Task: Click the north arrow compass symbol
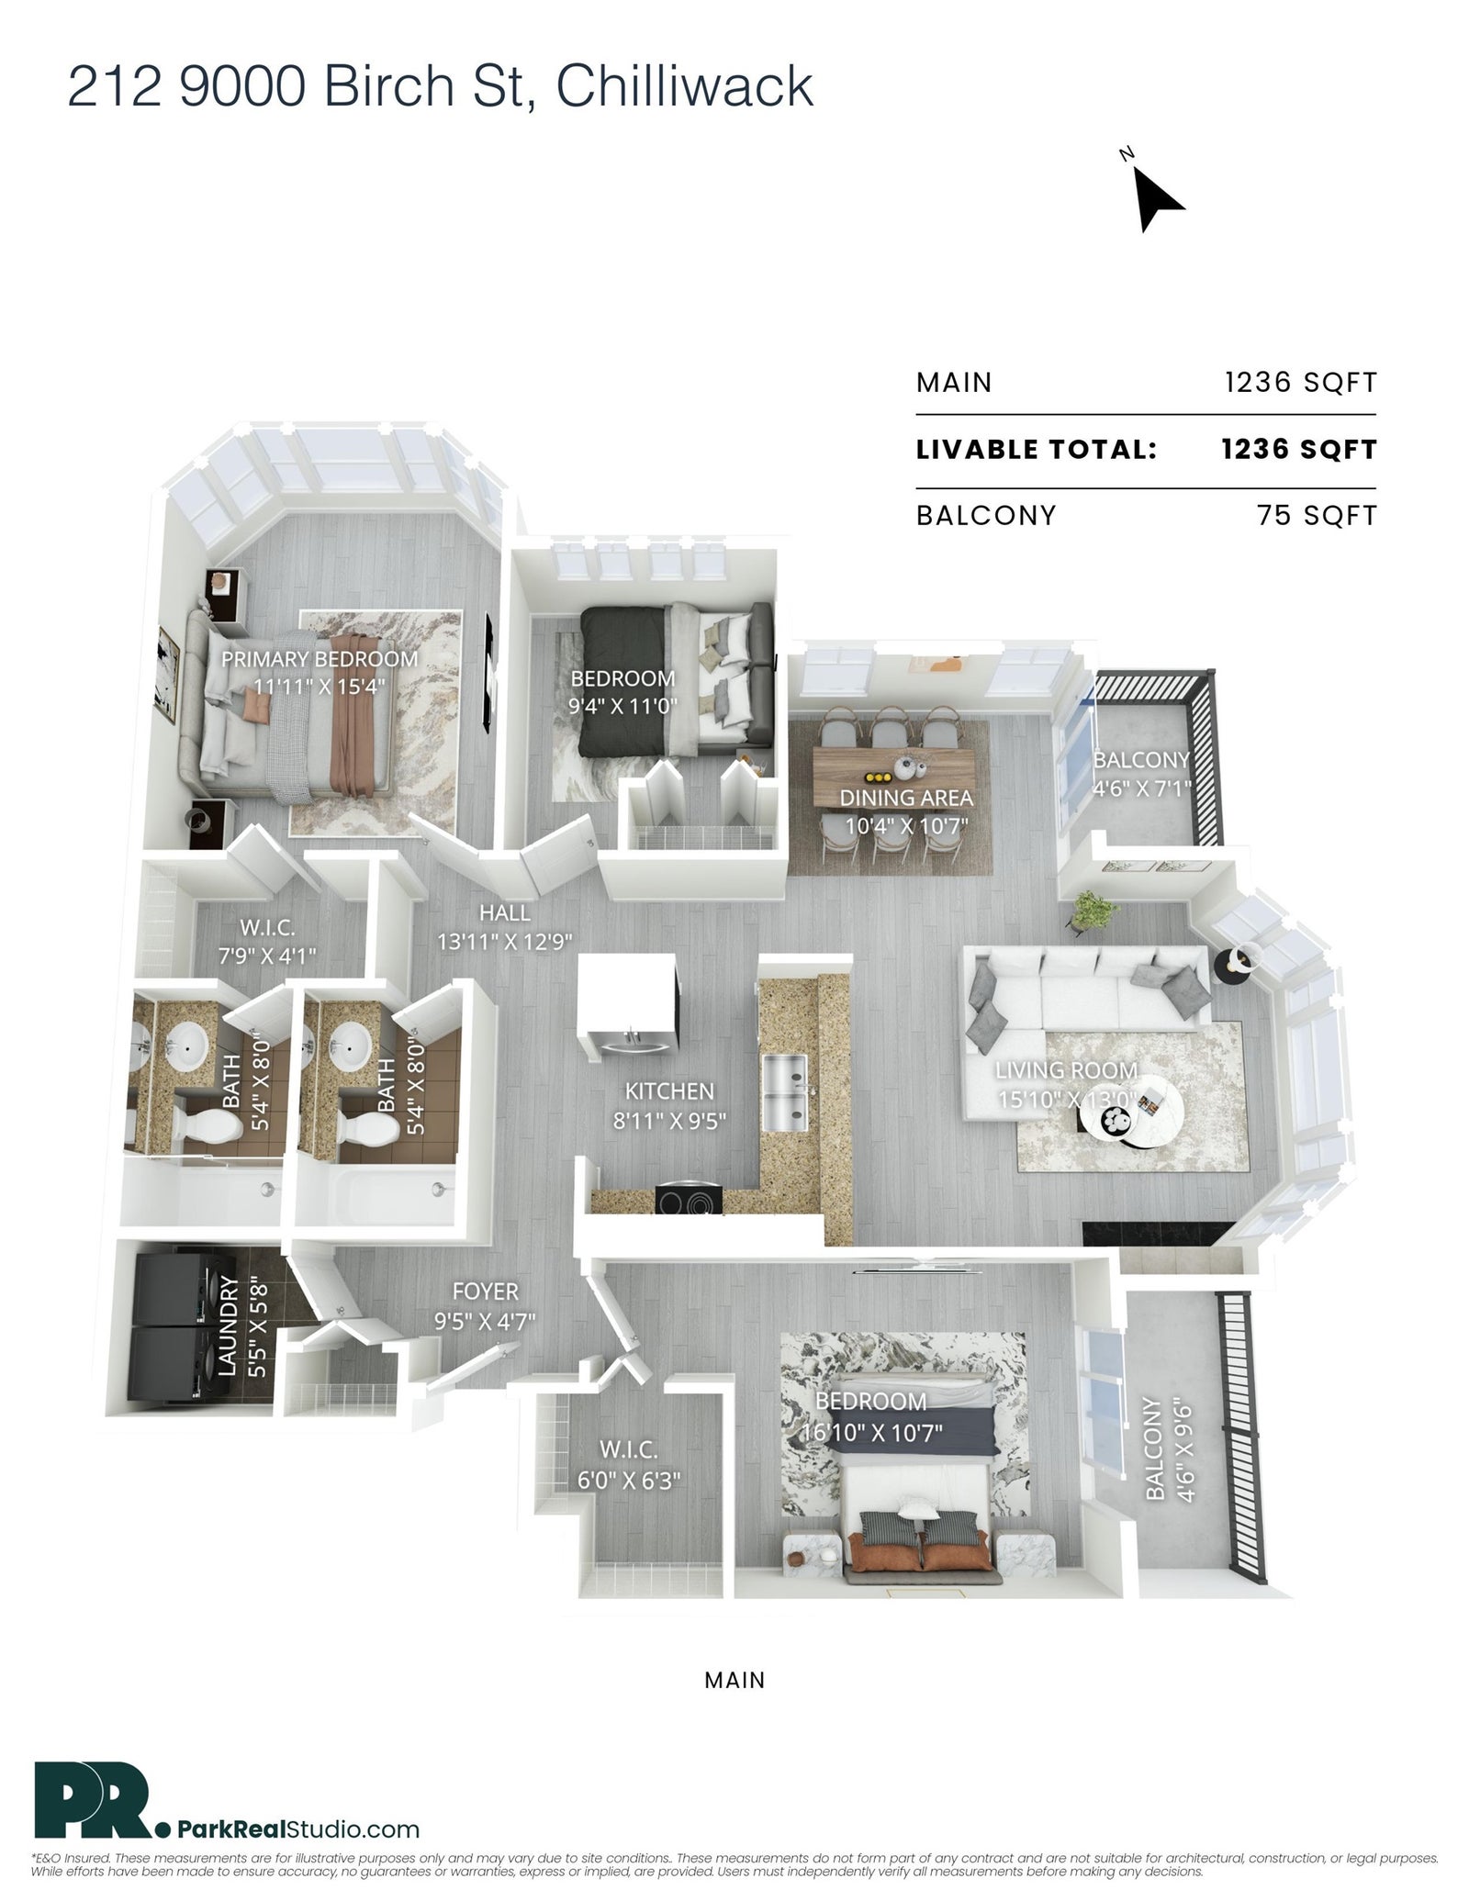coord(1155,197)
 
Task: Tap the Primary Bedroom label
coord(320,659)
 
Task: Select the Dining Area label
coord(906,798)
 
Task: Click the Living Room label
coord(1066,1070)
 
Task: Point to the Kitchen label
coord(669,1091)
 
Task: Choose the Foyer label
coord(486,1292)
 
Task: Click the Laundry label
coord(230,1325)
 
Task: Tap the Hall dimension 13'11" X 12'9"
coord(504,941)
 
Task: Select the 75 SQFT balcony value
coord(1318,516)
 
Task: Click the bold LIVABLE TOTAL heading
coord(1036,450)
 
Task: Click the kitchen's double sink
coord(785,1093)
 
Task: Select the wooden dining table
coord(893,772)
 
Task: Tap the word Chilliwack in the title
coord(684,88)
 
